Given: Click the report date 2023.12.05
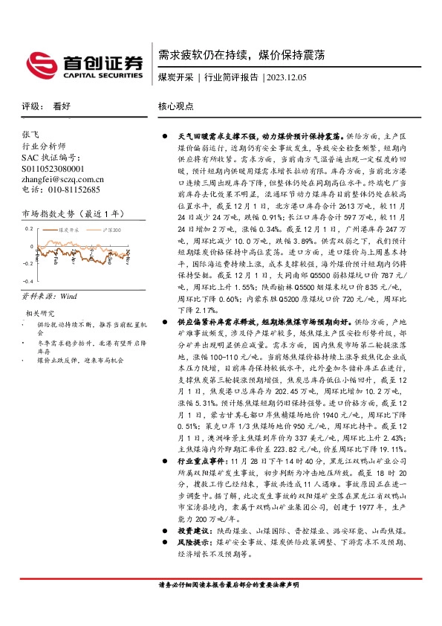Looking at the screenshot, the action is point(285,77).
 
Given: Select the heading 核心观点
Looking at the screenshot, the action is point(175,107).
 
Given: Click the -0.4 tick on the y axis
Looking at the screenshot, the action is point(27,282).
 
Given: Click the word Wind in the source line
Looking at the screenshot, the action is point(68,295).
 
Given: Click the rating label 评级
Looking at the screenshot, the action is point(30,107).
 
